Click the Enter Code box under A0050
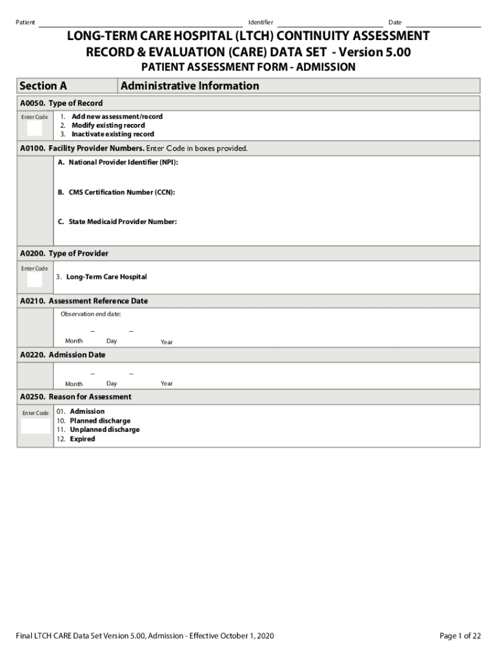(34, 128)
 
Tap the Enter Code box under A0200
(34, 280)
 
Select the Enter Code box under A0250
(35, 426)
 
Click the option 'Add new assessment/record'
(117, 117)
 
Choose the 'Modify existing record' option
(108, 125)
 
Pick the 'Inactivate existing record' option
(112, 134)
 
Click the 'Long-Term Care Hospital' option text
(106, 277)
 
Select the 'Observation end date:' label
(90, 314)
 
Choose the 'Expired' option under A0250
(82, 439)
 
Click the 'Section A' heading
(43, 86)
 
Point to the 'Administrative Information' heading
(190, 86)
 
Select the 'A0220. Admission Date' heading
(63, 355)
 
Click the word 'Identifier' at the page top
(260, 23)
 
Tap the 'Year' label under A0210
(167, 342)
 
